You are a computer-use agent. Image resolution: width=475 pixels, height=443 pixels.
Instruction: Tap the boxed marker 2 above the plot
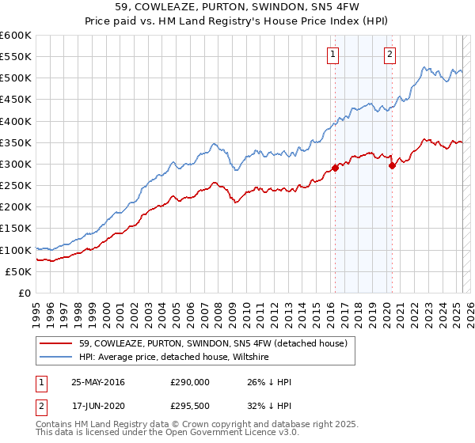pyautogui.click(x=390, y=55)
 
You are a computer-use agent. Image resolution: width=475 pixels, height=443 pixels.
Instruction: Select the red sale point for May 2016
pyautogui.click(x=335, y=168)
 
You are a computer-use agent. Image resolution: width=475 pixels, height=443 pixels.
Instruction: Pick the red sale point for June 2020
pyautogui.click(x=392, y=165)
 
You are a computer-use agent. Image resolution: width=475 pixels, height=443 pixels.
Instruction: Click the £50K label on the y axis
pyautogui.click(x=18, y=271)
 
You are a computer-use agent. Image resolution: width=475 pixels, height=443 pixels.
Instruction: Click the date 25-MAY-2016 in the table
pyautogui.click(x=98, y=382)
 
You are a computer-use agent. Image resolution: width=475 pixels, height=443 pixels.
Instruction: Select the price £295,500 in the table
pyautogui.click(x=190, y=407)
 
